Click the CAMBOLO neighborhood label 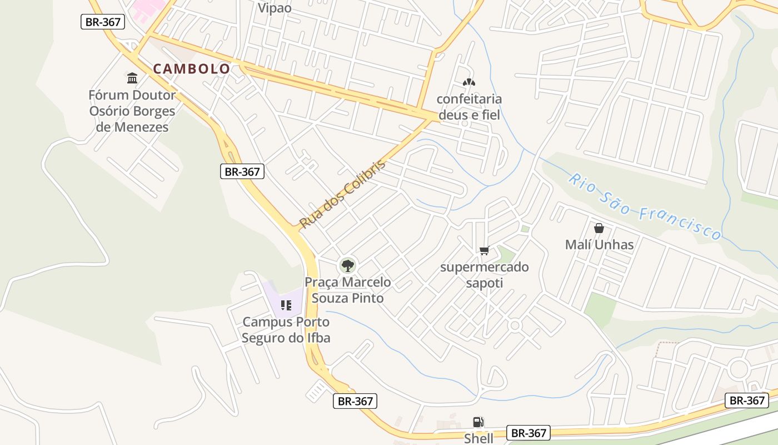pyautogui.click(x=191, y=69)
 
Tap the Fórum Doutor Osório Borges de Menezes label pyautogui.click(x=132, y=111)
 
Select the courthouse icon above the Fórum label pyautogui.click(x=132, y=78)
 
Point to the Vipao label pyautogui.click(x=275, y=8)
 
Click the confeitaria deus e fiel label pyautogui.click(x=469, y=107)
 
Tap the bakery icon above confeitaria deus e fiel pyautogui.click(x=469, y=82)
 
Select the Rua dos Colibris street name pyautogui.click(x=342, y=194)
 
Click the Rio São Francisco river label pyautogui.click(x=645, y=206)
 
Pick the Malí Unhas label pyautogui.click(x=599, y=244)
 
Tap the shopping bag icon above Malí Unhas pyautogui.click(x=599, y=228)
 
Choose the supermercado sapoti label pyautogui.click(x=484, y=275)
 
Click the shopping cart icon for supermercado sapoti pyautogui.click(x=484, y=251)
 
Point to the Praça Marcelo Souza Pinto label pyautogui.click(x=348, y=290)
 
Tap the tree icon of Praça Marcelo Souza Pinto pyautogui.click(x=348, y=265)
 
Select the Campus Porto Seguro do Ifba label pyautogui.click(x=286, y=329)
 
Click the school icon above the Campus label pyautogui.click(x=286, y=305)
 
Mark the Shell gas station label pyautogui.click(x=478, y=438)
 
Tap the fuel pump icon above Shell pyautogui.click(x=478, y=422)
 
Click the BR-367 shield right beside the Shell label pyautogui.click(x=528, y=433)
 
